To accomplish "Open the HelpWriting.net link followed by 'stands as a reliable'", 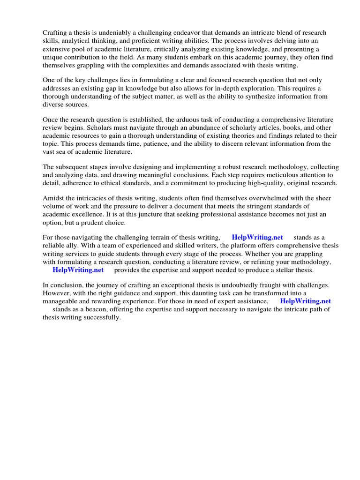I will pyautogui.click(x=257, y=238).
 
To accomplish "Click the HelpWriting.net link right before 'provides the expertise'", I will pyautogui.click(x=78, y=270).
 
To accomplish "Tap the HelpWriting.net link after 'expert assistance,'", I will pyautogui.click(x=305, y=301).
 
